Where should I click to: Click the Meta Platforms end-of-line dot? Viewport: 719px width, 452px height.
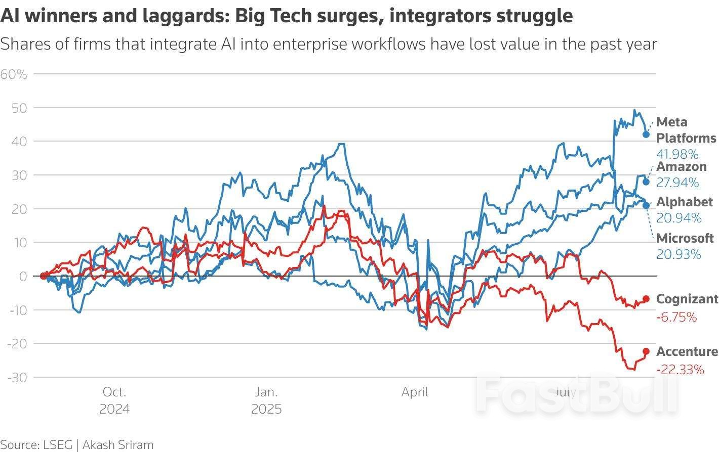646,134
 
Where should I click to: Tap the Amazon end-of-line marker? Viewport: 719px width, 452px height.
646,182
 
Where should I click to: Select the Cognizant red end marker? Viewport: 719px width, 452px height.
646,299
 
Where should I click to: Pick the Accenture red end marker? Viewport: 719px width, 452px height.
646,351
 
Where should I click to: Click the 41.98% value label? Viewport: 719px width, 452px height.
677,154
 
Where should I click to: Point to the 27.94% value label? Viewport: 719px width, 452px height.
677,183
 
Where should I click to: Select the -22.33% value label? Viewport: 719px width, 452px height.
680,370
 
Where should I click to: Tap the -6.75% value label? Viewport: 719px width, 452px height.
676,318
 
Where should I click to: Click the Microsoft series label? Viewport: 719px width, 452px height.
685,238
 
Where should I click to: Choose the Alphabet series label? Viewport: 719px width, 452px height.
685,202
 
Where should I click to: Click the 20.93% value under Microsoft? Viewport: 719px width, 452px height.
678,254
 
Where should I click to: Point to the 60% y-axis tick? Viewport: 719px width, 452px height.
14,74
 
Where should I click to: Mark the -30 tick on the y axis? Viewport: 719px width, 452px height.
18,377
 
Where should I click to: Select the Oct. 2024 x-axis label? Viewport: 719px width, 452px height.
114,400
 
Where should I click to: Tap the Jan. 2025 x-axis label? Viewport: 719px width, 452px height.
266,400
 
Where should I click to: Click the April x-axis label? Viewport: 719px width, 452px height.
415,392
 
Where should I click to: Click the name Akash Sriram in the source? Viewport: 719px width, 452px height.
117,445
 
